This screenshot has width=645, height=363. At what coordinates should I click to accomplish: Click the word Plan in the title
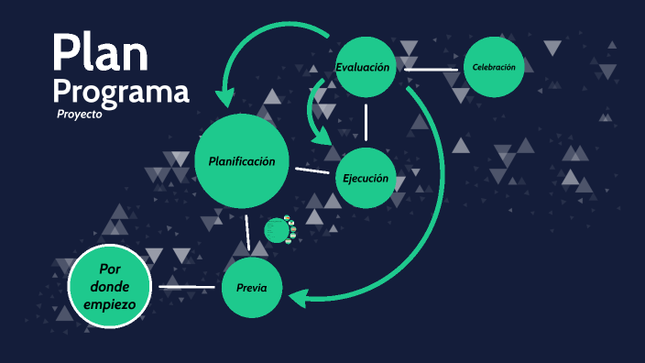point(99,54)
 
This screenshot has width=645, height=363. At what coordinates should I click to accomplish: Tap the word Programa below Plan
point(121,92)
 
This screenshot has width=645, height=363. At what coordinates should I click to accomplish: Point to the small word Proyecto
point(79,115)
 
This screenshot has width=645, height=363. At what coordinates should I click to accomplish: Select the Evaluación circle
point(364,68)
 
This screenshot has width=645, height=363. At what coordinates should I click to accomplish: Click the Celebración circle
point(494,67)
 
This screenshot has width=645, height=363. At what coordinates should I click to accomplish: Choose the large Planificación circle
point(242,161)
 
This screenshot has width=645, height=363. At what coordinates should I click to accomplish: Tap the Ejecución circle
point(366,178)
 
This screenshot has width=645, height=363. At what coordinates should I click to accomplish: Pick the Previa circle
point(251,288)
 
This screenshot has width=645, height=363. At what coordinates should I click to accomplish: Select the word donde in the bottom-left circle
point(110,286)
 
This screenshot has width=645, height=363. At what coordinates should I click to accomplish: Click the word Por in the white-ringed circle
point(110,269)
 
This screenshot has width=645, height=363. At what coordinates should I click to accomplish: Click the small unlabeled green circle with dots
point(278,230)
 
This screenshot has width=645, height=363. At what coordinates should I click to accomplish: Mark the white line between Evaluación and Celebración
point(431,69)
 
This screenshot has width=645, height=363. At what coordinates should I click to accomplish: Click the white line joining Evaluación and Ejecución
point(366,122)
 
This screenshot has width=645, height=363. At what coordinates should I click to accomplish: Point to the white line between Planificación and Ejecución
point(312,170)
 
